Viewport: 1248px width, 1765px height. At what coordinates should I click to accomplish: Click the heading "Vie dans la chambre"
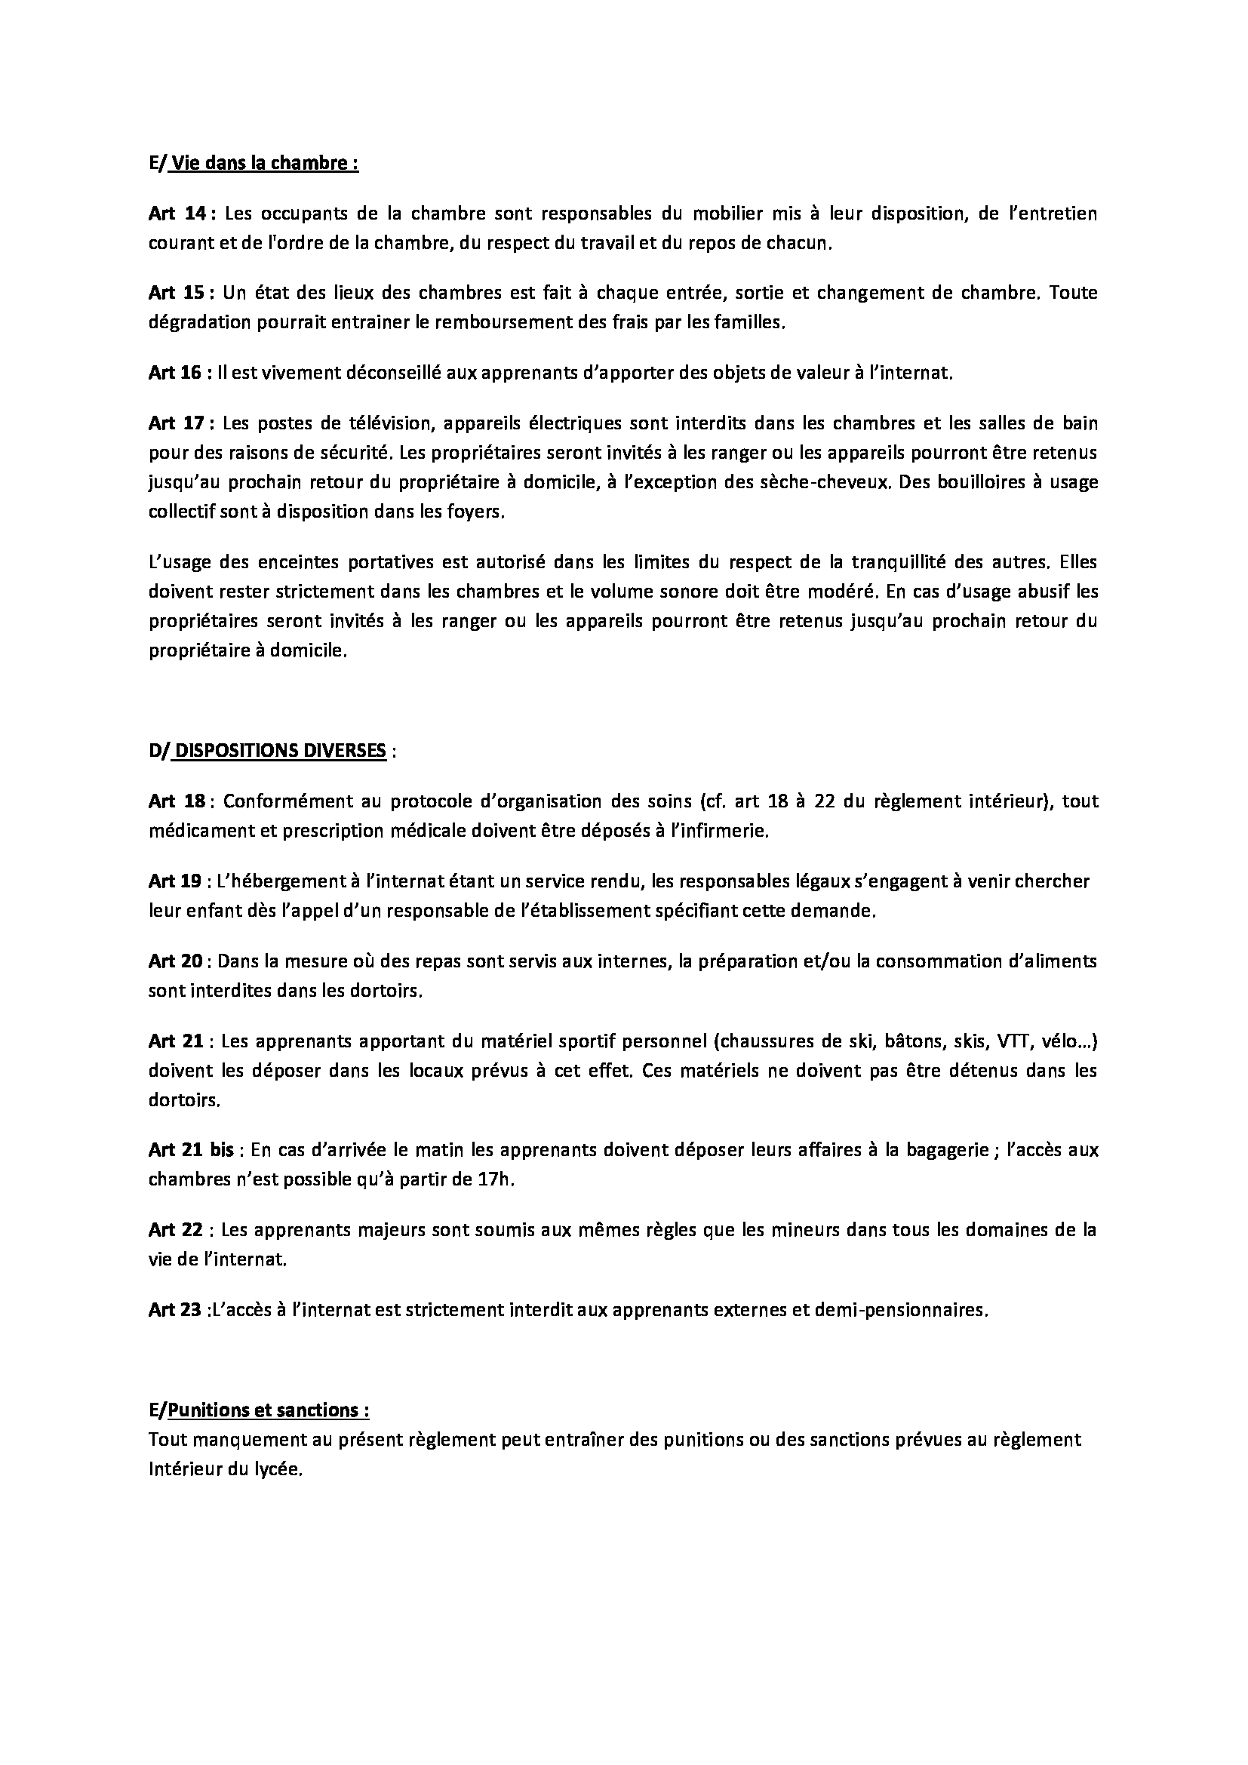(263, 164)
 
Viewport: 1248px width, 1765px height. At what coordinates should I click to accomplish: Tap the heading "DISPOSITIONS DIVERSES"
(281, 751)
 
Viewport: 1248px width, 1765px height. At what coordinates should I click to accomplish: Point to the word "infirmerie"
(726, 831)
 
